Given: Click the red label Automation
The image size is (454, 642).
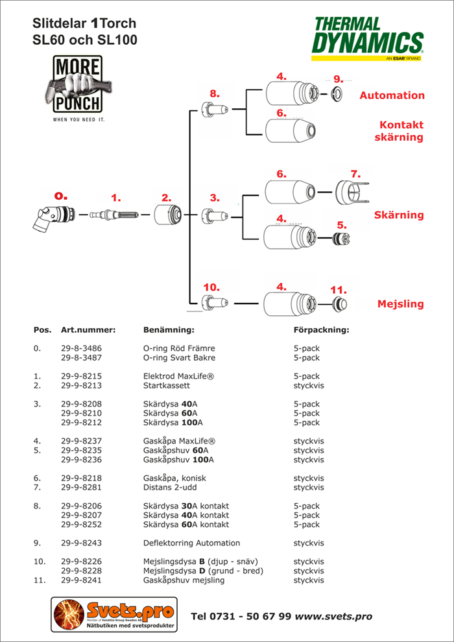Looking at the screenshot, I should pyautogui.click(x=392, y=95).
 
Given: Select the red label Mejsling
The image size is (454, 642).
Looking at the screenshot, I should pyautogui.click(x=400, y=303).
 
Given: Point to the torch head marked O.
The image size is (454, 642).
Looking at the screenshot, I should pyautogui.click(x=53, y=217).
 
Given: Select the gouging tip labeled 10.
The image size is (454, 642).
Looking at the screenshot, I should pyautogui.click(x=214, y=302).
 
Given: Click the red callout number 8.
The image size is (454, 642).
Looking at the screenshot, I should pyautogui.click(x=215, y=93).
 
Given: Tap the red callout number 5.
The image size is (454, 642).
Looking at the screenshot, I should pyautogui.click(x=342, y=224).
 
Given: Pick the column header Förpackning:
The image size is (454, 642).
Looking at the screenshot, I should pyautogui.click(x=321, y=329).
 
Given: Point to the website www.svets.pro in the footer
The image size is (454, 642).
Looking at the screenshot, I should pyautogui.click(x=333, y=616).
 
